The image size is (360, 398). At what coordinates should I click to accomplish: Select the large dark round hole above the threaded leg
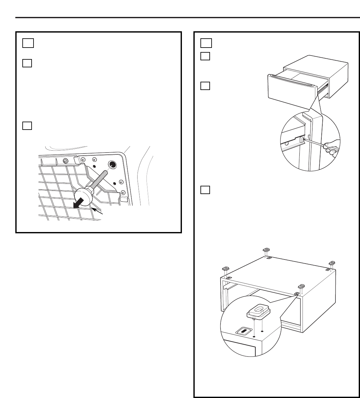pyautogui.click(x=113, y=165)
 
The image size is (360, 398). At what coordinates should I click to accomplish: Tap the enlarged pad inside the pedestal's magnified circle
pyautogui.click(x=259, y=312)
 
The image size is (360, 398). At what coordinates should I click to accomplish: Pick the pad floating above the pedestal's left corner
pyautogui.click(x=226, y=268)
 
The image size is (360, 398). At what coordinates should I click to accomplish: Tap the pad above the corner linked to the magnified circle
pyautogui.click(x=301, y=286)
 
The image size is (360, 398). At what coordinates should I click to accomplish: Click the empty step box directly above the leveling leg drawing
pyautogui.click(x=27, y=126)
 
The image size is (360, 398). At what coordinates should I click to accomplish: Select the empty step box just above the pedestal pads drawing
pyautogui.click(x=206, y=190)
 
